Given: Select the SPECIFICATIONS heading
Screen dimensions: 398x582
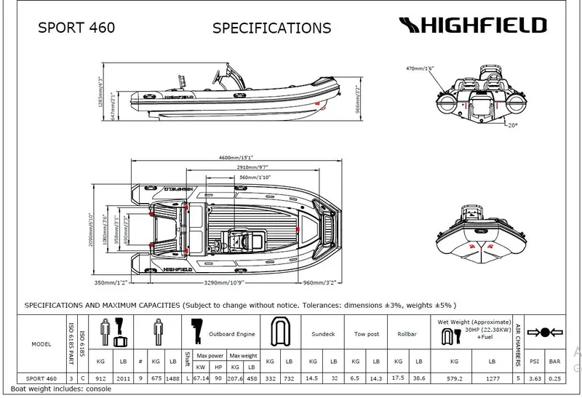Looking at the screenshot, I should coord(271,28).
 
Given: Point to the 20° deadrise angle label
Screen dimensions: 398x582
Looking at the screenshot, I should coord(514,125).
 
